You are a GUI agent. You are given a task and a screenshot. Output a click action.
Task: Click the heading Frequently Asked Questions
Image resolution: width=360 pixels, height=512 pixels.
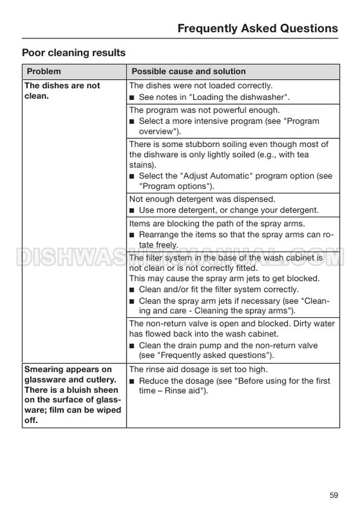coord(257,28)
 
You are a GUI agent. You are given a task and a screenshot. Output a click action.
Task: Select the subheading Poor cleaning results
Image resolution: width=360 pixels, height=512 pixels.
coord(74,53)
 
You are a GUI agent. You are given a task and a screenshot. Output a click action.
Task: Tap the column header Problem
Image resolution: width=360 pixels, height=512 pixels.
coord(44,71)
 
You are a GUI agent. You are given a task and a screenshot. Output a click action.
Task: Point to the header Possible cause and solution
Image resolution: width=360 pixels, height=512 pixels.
coord(189,71)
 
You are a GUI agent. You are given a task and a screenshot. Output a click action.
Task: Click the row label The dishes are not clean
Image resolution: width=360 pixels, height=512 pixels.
coord(63,91)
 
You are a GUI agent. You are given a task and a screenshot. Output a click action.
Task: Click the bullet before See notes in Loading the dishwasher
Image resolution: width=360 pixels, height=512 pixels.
coord(132,97)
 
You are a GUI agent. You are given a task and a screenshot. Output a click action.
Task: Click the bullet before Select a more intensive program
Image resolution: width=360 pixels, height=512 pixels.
coord(132,121)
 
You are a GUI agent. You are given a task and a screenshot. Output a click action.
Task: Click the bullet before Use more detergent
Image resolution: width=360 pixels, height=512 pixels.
coord(132,210)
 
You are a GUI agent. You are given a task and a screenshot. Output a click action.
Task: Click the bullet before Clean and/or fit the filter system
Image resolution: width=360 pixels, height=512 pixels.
coord(132,289)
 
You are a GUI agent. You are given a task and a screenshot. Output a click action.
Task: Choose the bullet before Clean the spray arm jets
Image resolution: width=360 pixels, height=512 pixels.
coord(132,301)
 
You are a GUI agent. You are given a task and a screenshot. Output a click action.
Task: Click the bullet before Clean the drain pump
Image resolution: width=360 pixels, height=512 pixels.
coord(132,345)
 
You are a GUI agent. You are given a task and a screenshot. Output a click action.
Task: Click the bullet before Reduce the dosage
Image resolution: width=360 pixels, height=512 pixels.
coord(132,381)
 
